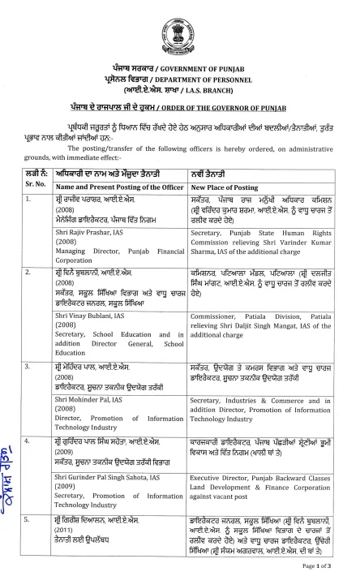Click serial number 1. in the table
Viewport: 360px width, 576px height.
(29, 198)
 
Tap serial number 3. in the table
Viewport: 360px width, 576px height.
(29, 366)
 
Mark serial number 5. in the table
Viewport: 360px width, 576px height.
(29, 517)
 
